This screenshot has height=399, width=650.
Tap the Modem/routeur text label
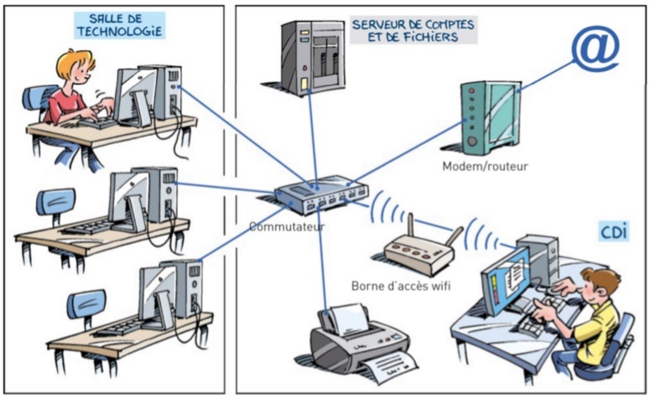click(x=485, y=165)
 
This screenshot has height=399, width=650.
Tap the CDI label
click(x=614, y=231)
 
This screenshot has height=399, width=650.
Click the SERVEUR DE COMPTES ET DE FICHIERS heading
click(x=416, y=31)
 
